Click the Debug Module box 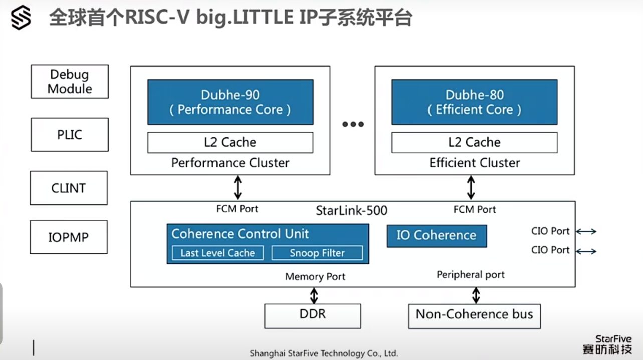[x=70, y=82]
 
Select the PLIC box [x=70, y=135]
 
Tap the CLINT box [x=69, y=188]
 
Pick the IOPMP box [x=69, y=237]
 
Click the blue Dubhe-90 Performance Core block [x=230, y=102]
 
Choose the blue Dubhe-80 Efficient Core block [x=475, y=102]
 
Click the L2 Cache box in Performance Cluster [x=230, y=143]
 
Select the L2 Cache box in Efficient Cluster [x=475, y=143]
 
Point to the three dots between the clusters [x=353, y=124]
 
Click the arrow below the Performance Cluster [x=238, y=188]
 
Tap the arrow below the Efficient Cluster [x=471, y=188]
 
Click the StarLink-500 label [x=352, y=211]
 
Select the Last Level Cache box [x=218, y=253]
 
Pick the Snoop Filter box [x=317, y=253]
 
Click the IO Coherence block [x=437, y=236]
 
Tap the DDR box [x=313, y=316]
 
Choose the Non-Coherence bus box [x=475, y=316]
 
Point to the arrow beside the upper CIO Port [x=586, y=231]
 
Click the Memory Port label [x=315, y=276]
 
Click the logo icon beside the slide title [x=21, y=17]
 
